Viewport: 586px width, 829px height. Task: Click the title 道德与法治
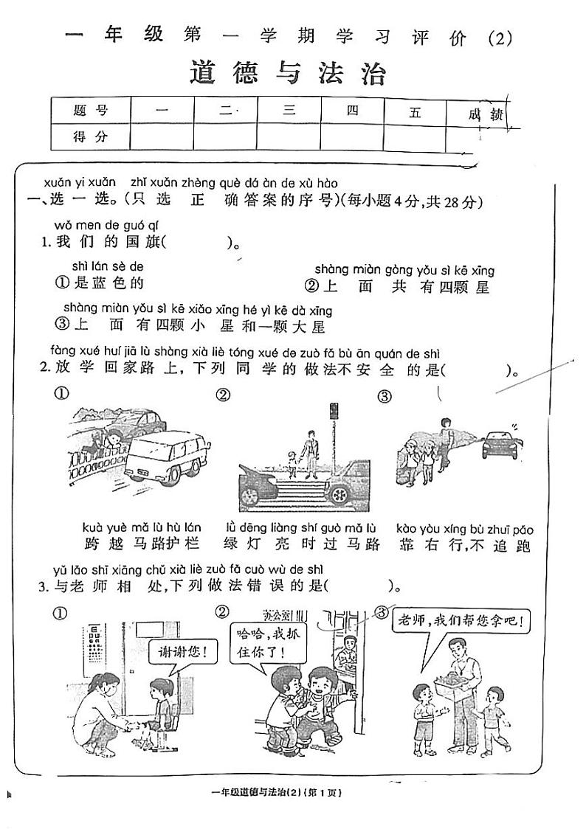(x=288, y=74)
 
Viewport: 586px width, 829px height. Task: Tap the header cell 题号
(x=91, y=111)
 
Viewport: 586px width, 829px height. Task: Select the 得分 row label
(x=91, y=136)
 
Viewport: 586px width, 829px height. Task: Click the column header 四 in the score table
(x=352, y=111)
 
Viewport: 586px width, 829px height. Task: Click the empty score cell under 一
(x=162, y=136)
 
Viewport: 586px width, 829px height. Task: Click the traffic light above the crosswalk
(x=334, y=412)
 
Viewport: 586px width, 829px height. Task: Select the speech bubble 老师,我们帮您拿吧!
(x=461, y=621)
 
